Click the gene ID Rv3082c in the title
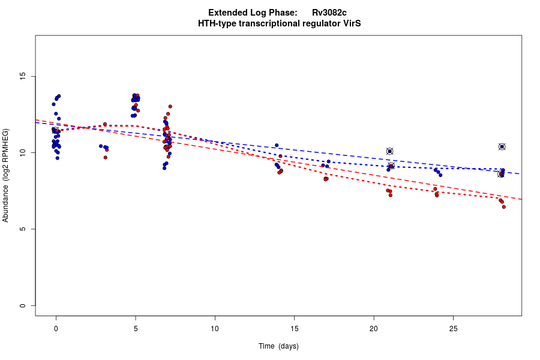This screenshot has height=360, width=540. pos(329,13)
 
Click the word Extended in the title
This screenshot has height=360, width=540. pos(228,13)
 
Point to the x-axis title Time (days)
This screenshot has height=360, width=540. pos(278,346)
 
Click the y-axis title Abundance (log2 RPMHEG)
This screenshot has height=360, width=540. pos(6,175)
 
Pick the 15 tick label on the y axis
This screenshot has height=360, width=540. pos(23,76)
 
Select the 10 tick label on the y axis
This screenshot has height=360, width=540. pos(23,153)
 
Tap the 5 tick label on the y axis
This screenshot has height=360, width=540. pos(23,229)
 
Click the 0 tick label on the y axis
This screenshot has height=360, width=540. pos(23,305)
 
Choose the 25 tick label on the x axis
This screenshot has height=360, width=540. pos(453,328)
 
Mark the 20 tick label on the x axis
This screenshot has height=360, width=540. pos(374,328)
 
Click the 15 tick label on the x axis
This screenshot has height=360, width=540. pos(294,328)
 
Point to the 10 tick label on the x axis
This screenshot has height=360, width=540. pos(215,328)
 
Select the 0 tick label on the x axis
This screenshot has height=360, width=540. pos(56,328)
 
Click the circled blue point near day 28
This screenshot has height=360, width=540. pos(502,146)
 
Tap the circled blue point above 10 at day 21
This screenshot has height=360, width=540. pos(389,151)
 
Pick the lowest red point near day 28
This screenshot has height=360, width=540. pos(503,207)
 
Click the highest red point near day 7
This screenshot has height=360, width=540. pos(170,107)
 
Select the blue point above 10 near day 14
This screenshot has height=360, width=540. pos(277,145)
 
